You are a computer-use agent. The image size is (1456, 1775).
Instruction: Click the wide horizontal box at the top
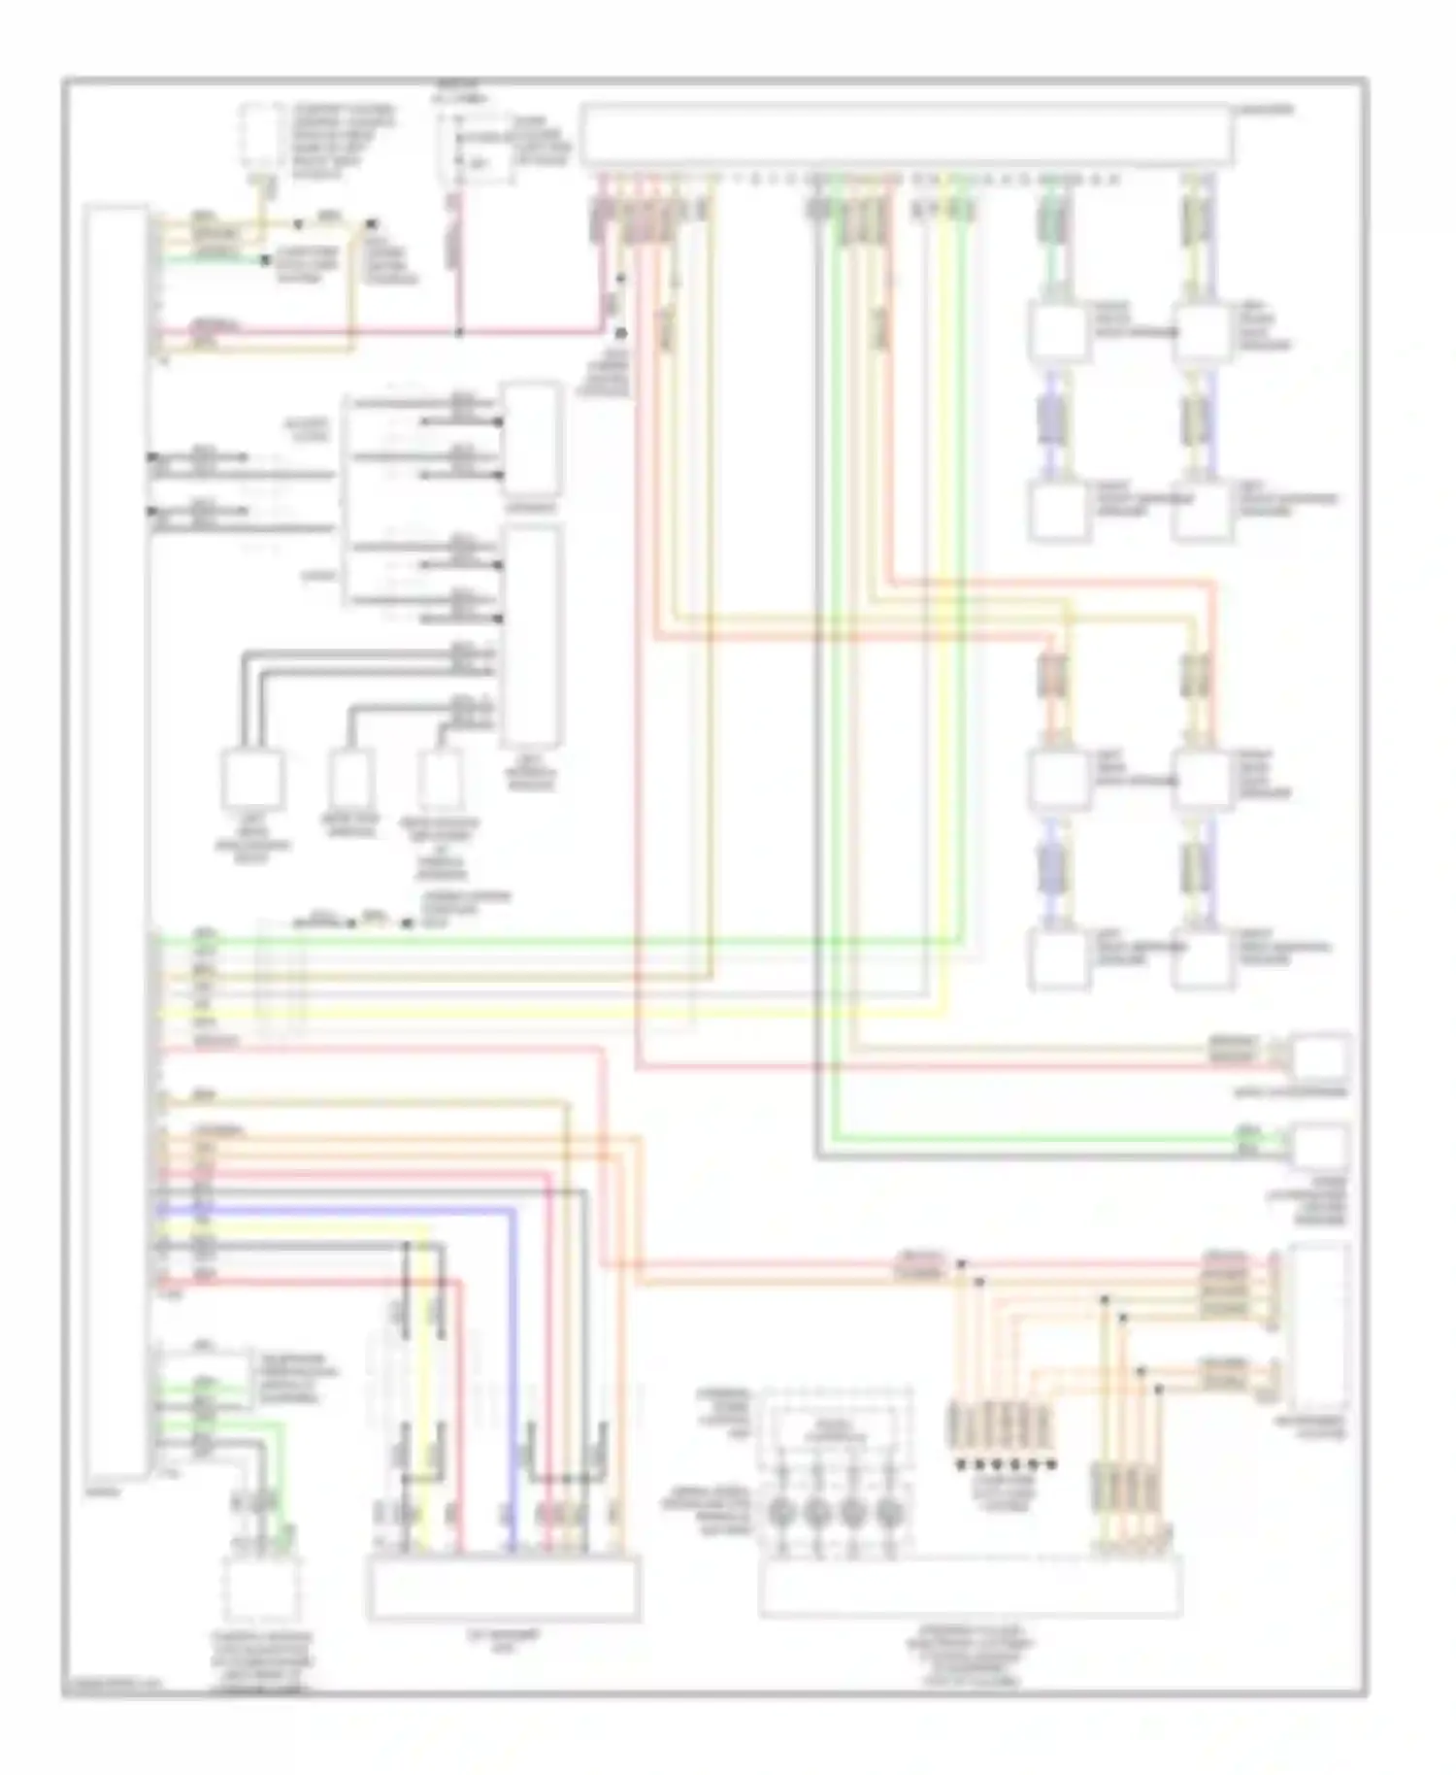tap(908, 136)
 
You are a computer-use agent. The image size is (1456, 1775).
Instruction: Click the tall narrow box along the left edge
tap(116, 840)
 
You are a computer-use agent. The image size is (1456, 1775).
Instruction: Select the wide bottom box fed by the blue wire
tap(503, 1588)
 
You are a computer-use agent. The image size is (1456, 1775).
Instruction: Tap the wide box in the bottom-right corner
tap(971, 1586)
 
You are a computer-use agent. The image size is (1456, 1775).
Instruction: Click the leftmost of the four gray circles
tap(784, 1512)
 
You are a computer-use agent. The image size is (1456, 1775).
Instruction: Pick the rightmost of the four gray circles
tap(887, 1512)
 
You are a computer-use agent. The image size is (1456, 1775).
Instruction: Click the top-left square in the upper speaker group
tap(1057, 333)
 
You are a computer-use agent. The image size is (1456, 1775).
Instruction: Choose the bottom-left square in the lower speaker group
tap(1057, 959)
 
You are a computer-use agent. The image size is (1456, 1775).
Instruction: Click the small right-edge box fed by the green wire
tap(1318, 1146)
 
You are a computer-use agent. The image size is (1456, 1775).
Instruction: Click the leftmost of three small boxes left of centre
tap(254, 779)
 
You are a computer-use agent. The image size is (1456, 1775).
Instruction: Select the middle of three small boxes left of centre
tap(351, 779)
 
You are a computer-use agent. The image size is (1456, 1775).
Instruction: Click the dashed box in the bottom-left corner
tap(260, 1589)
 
